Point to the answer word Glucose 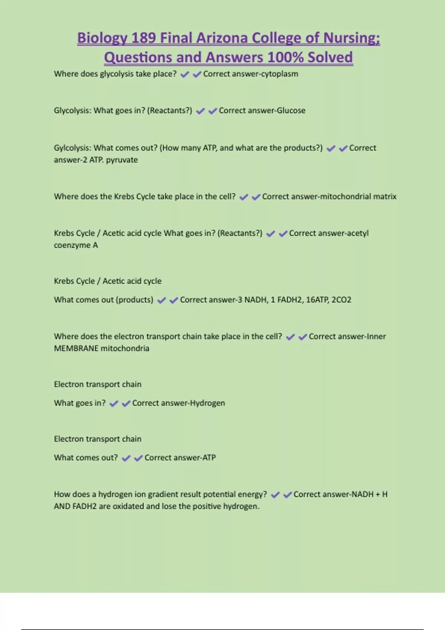click(291, 111)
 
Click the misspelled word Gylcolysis click(72, 148)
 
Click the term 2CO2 click(341, 300)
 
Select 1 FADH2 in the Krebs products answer click(286, 300)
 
